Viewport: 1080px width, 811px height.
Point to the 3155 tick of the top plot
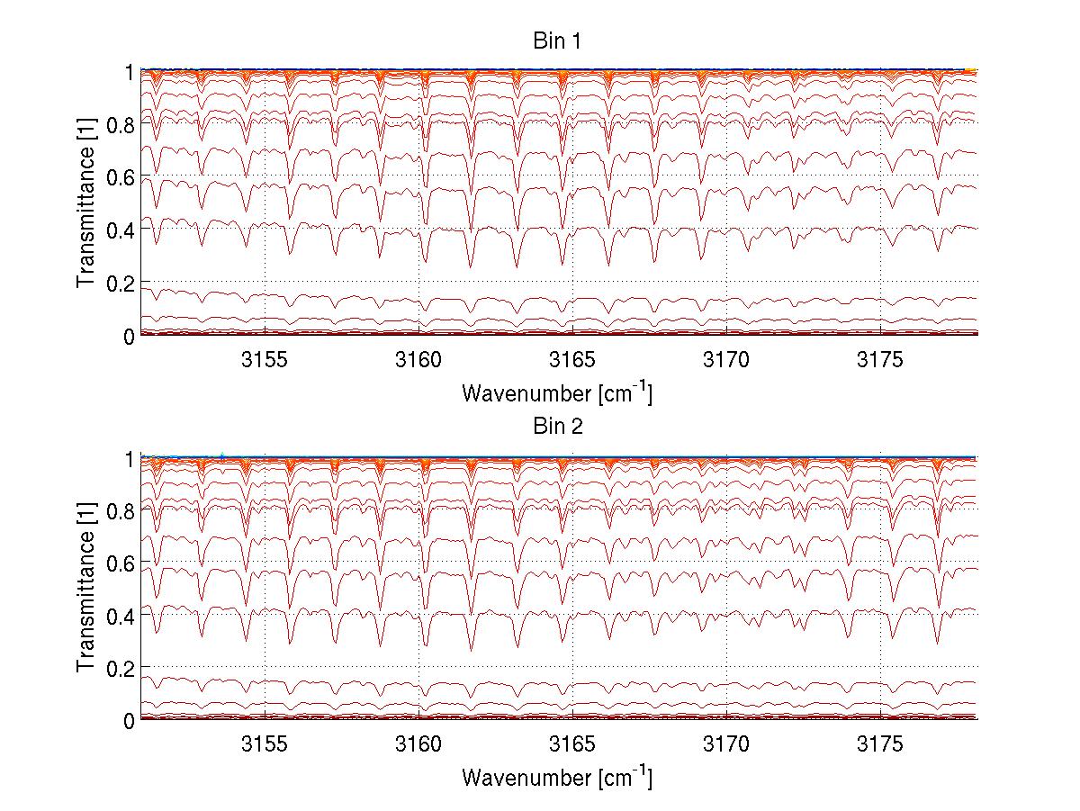pos(265,359)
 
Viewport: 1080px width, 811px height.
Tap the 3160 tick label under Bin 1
pos(418,359)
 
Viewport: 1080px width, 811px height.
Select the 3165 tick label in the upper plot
pos(572,359)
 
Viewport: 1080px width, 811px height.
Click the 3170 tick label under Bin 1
pos(726,359)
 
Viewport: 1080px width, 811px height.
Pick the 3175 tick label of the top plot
pos(880,359)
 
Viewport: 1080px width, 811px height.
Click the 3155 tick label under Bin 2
pos(265,743)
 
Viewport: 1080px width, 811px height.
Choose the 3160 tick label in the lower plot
pos(418,743)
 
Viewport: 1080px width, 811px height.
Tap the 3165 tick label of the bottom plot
pos(572,743)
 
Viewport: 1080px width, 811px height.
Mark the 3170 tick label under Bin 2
pos(726,743)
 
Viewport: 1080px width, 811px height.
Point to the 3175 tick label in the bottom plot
pos(880,743)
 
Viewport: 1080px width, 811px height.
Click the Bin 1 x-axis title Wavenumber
pos(556,392)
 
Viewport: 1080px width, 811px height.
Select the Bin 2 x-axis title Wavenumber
pos(556,777)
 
